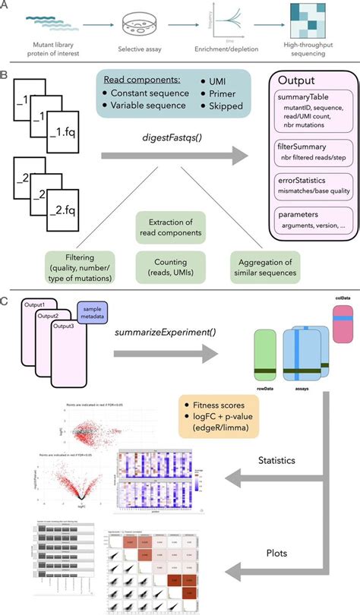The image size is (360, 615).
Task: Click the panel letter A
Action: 5,6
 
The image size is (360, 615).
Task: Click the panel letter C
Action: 5,302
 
